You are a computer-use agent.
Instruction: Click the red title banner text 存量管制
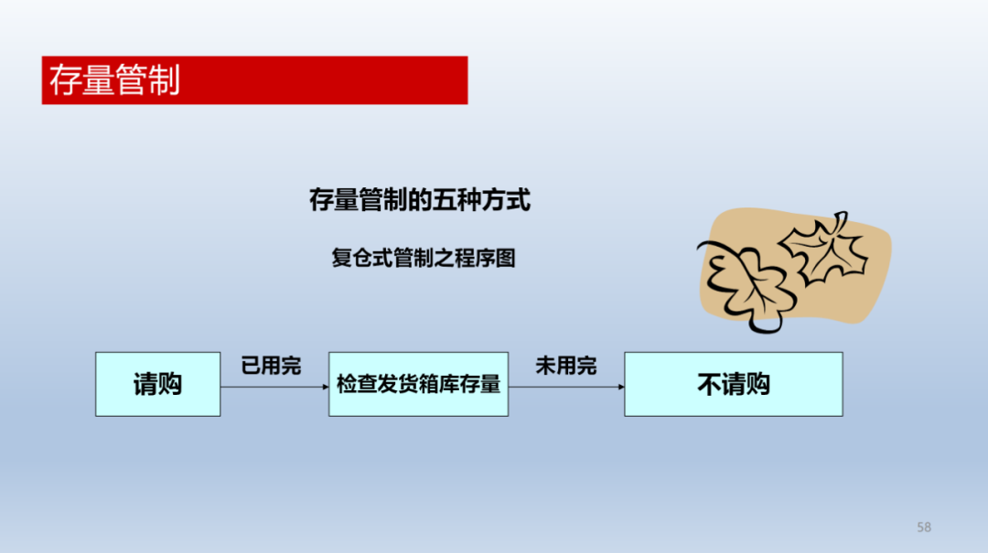(x=114, y=80)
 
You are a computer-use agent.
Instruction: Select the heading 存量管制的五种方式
(x=420, y=200)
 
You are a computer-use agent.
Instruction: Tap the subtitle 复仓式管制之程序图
(x=424, y=258)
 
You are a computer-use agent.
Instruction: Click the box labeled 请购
(x=157, y=384)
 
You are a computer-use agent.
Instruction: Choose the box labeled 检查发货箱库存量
(x=418, y=384)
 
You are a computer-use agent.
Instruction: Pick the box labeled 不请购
(x=734, y=384)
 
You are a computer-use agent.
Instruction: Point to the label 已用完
(x=271, y=366)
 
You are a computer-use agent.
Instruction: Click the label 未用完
(x=566, y=366)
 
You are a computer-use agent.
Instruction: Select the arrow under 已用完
(x=274, y=387)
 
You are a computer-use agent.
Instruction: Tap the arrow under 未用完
(x=566, y=387)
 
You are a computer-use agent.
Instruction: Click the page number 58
(x=924, y=527)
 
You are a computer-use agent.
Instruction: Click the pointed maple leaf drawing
(x=823, y=248)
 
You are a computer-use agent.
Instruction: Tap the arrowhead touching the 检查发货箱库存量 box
(x=326, y=387)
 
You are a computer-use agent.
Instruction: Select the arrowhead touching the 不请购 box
(x=621, y=387)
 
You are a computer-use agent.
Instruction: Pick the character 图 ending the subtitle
(x=506, y=258)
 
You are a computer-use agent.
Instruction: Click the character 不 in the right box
(x=710, y=384)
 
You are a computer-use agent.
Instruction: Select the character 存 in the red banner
(x=65, y=80)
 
